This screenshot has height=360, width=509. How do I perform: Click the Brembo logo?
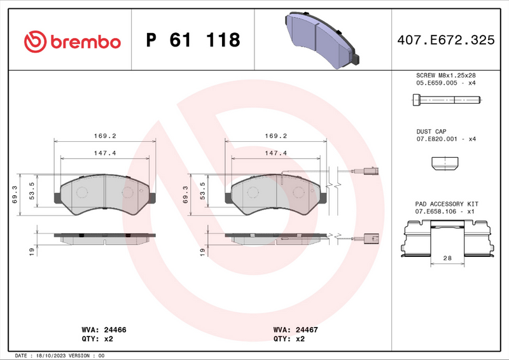[x=72, y=41]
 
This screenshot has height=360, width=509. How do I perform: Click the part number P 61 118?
[x=193, y=41]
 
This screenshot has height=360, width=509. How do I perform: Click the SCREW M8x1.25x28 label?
[x=445, y=75]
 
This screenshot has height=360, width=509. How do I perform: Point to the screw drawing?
[x=445, y=100]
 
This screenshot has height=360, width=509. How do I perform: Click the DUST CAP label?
[x=432, y=131]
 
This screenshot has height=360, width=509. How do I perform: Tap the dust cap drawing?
[x=445, y=164]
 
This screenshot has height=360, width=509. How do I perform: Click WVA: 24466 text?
[x=105, y=331]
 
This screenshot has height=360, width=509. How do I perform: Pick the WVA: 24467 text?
[x=296, y=331]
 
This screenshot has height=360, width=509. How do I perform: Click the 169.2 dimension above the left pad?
[x=105, y=135]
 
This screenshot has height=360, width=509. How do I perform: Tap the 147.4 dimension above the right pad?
[x=276, y=153]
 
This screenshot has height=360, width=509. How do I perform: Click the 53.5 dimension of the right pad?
[x=202, y=191]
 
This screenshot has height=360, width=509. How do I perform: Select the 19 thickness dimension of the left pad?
[x=31, y=252]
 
